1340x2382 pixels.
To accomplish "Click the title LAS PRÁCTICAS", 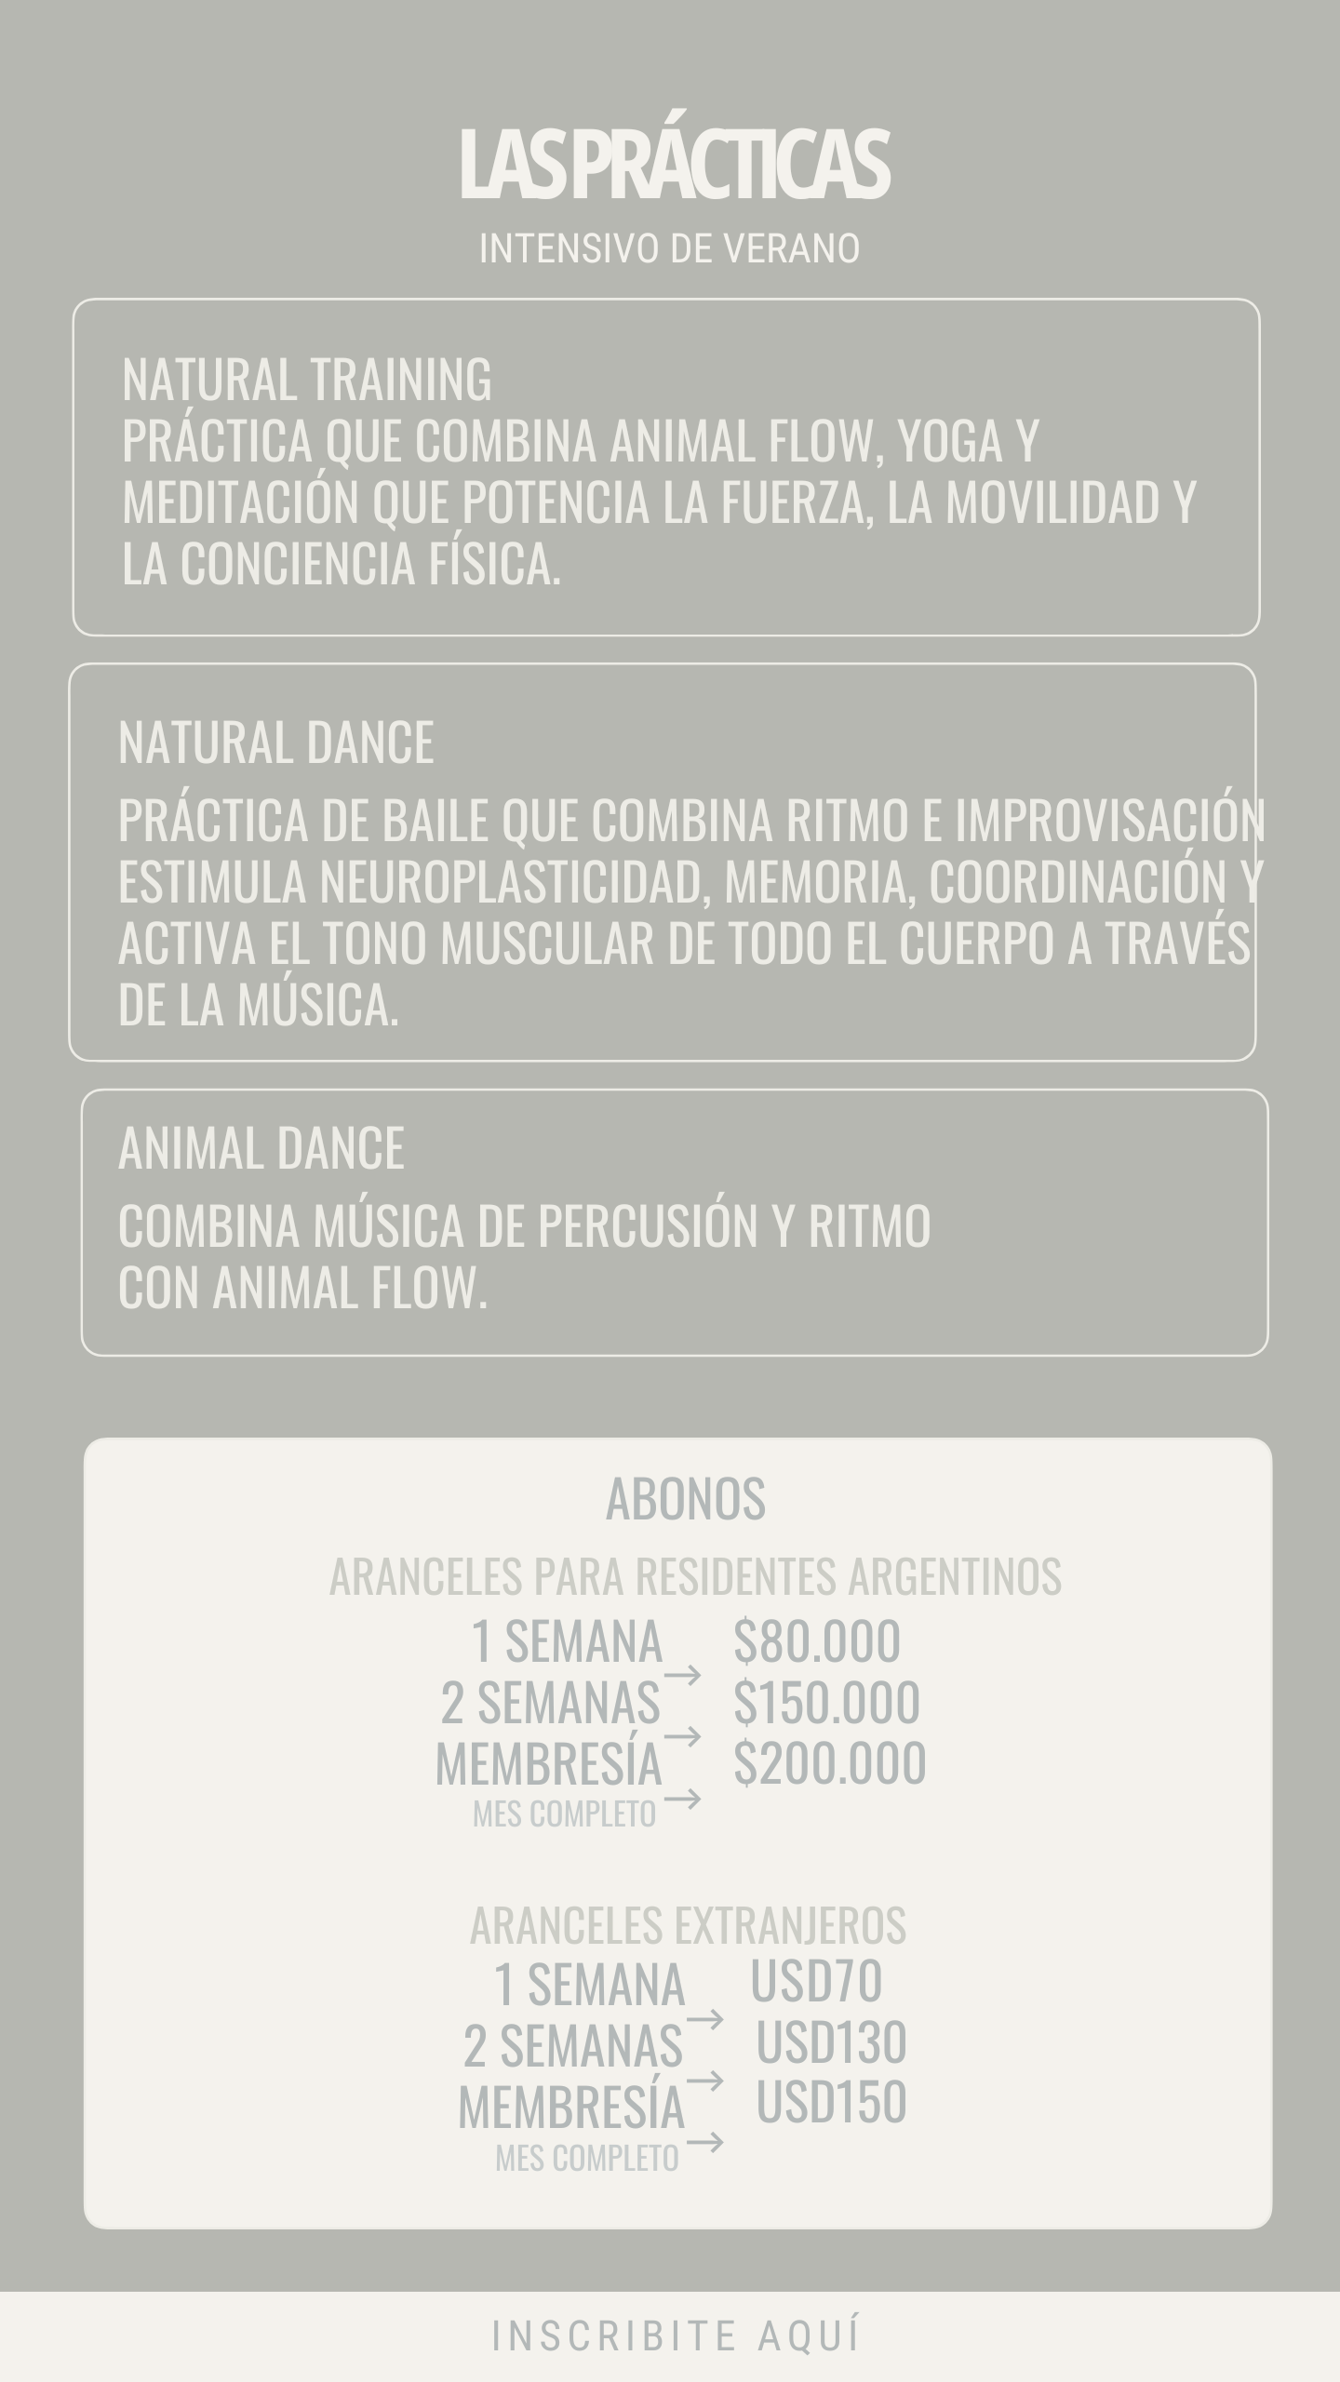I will coord(675,166).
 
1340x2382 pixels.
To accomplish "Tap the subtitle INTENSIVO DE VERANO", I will coord(669,249).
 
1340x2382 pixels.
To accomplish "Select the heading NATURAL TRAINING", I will coord(307,380).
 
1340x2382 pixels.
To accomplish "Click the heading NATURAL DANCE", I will coord(276,743).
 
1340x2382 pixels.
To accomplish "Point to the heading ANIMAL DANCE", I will coord(261,1148).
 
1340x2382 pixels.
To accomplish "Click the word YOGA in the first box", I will coord(949,441).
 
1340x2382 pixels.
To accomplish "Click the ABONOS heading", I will coord(685,1499).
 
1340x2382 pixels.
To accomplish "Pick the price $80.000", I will coord(816,1640).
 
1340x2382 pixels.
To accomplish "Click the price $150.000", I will coord(826,1702).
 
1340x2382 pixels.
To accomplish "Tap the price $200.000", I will coord(829,1762).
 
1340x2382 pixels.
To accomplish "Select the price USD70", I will coord(816,1980).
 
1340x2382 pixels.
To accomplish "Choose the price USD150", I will coord(831,2102).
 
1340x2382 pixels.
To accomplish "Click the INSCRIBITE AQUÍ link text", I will coord(677,2335).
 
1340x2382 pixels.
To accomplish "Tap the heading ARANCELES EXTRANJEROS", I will coord(688,1925).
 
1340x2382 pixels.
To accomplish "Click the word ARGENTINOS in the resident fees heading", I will coord(954,1576).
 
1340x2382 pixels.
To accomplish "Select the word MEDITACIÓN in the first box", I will coord(240,502).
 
